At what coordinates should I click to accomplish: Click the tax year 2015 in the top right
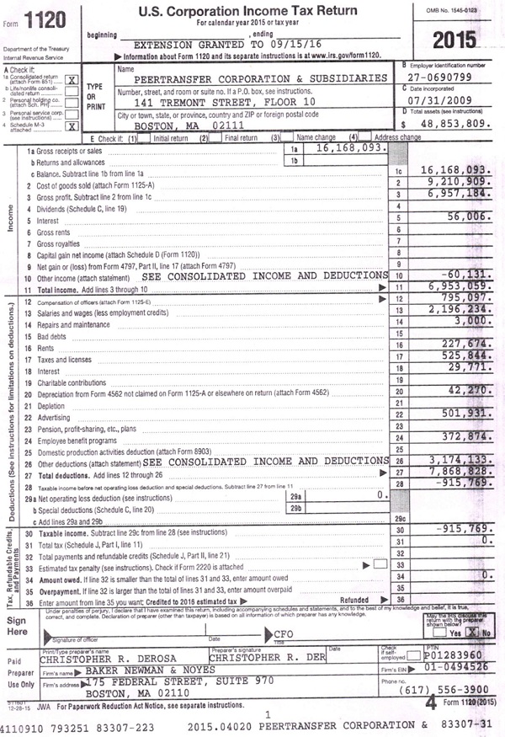pos(454,40)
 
